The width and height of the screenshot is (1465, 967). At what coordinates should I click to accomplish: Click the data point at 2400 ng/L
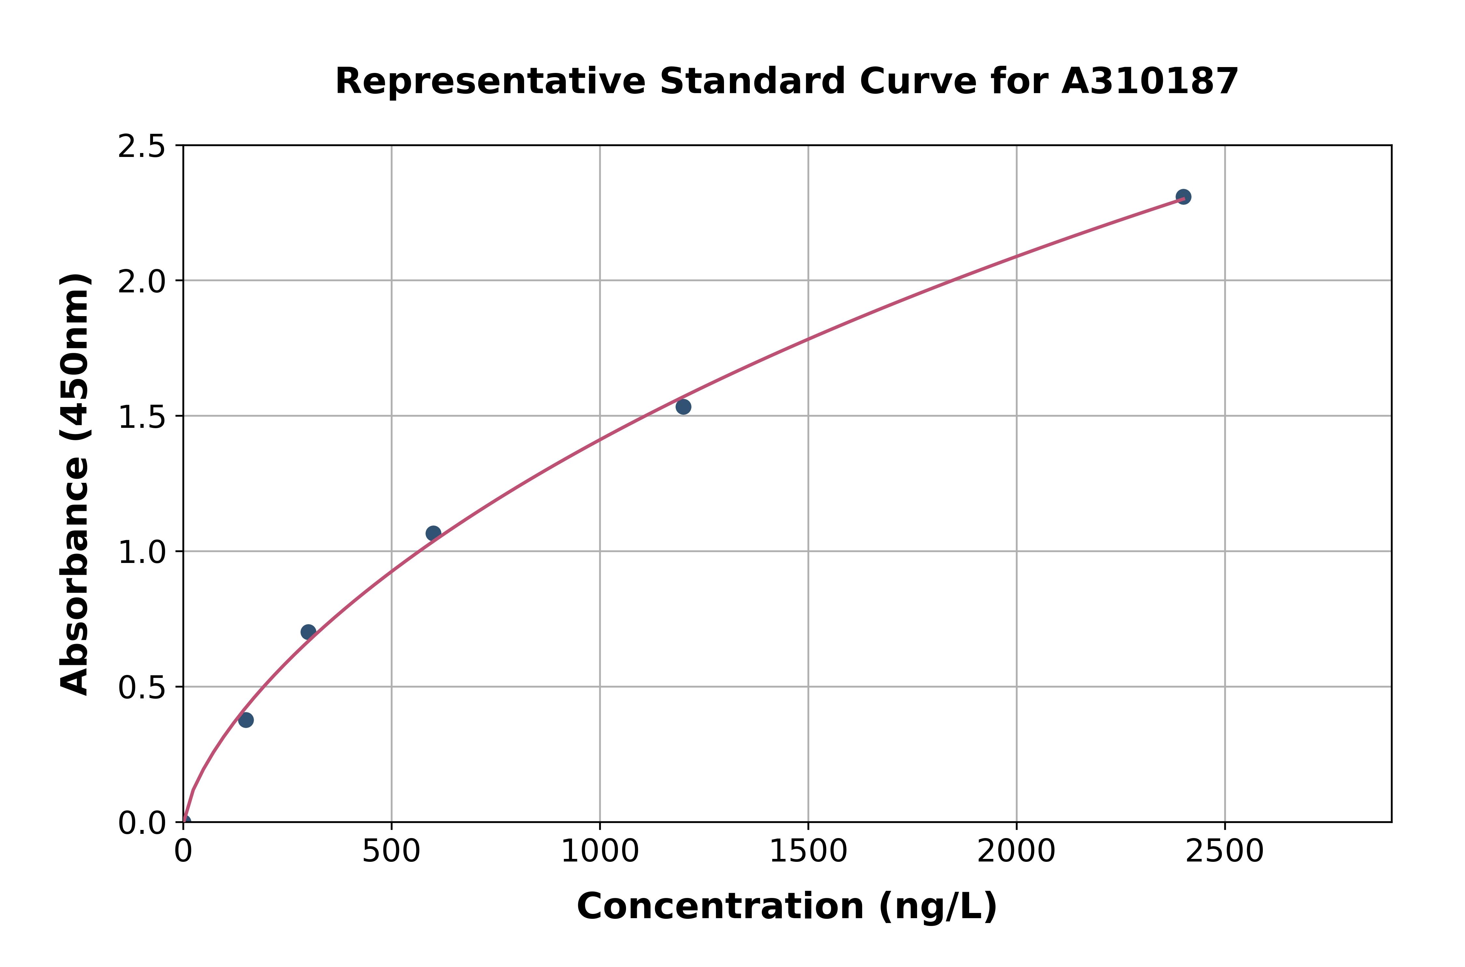(1183, 197)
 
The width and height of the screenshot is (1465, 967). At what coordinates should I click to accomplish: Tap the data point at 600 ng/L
(433, 533)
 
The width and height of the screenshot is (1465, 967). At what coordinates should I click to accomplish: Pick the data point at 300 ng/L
(308, 632)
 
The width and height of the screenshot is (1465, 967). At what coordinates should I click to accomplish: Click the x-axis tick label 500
(392, 852)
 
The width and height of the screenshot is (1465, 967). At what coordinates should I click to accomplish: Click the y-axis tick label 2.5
(142, 147)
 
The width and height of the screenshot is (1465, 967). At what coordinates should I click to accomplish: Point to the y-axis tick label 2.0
(142, 282)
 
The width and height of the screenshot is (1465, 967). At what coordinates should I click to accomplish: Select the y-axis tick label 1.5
(142, 417)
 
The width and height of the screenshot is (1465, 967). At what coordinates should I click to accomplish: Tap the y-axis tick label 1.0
(142, 552)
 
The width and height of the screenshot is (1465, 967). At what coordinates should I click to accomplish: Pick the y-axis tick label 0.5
(142, 687)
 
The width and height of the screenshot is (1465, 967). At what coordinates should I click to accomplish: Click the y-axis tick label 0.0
(142, 823)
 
